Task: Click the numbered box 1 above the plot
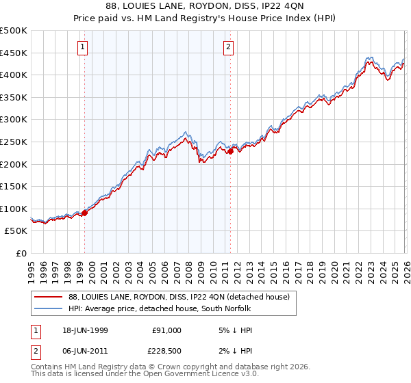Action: pos(82,47)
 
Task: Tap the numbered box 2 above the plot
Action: pos(227,47)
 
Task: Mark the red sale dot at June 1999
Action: pos(85,213)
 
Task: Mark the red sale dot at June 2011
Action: pos(230,152)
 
